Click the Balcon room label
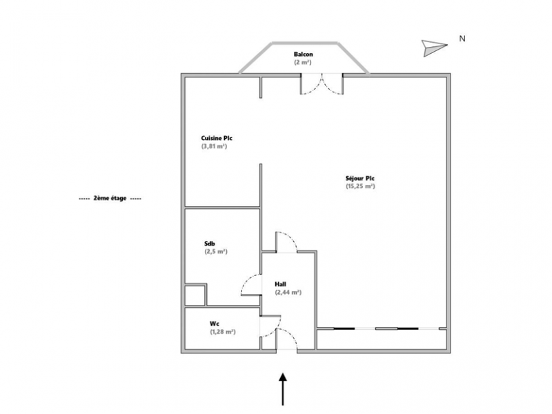[303, 55]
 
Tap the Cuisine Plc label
[217, 138]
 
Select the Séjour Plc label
[359, 178]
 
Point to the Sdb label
[210, 244]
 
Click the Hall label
[280, 284]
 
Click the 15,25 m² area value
[360, 186]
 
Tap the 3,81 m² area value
[214, 146]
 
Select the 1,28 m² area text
[223, 332]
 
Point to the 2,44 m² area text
[288, 292]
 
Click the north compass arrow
[435, 48]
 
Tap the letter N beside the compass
[462, 39]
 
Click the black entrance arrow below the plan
[283, 389]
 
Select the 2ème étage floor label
[110, 198]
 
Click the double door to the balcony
[322, 83]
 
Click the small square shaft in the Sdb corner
[195, 295]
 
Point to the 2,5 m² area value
[216, 252]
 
